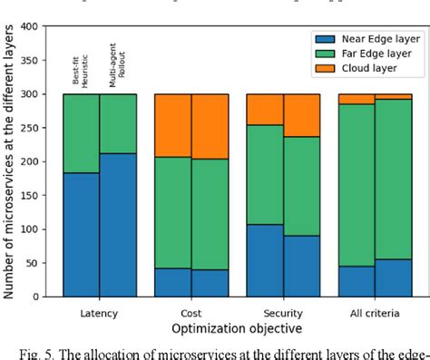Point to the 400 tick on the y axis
[x=31, y=26]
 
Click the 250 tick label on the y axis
[x=31, y=128]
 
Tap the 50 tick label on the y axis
[x=34, y=263]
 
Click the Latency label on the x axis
[x=99, y=310]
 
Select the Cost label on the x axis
[x=191, y=310]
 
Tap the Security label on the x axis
[x=283, y=310]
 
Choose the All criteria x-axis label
[x=375, y=310]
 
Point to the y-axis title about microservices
[x=10, y=161]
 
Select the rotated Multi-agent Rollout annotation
[x=113, y=68]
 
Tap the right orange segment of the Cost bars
[x=210, y=126]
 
